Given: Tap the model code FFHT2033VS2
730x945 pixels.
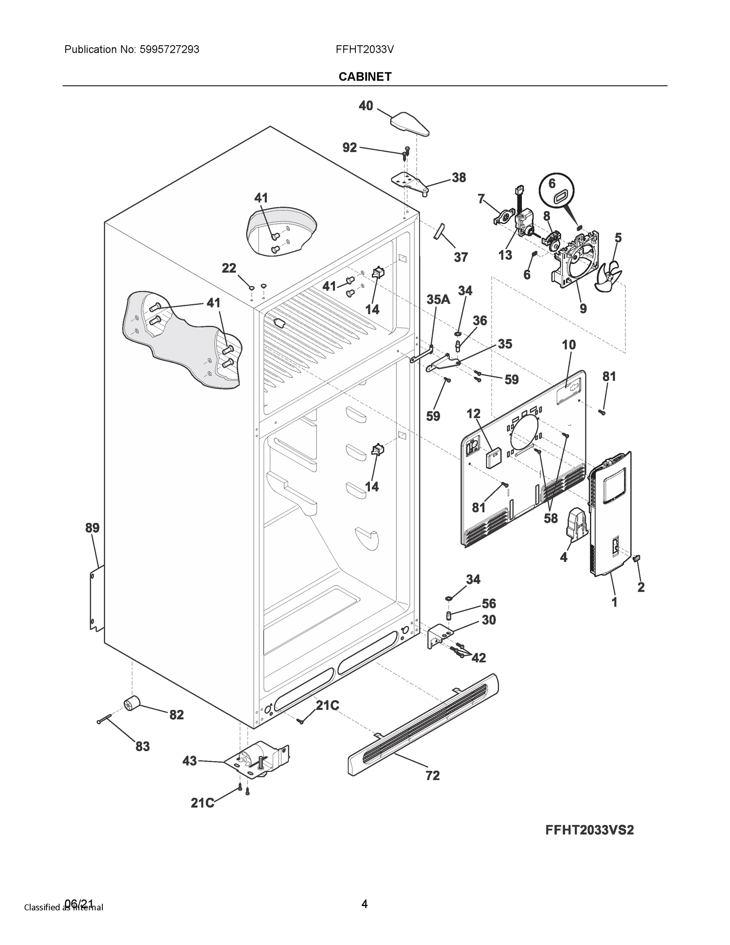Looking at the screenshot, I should [x=590, y=830].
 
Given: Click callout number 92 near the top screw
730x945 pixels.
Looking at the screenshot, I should [x=349, y=148].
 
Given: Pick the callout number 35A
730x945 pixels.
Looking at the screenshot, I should [x=438, y=299].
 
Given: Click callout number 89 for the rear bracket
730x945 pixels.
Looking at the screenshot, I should [x=92, y=528].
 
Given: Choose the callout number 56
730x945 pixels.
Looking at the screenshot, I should [x=489, y=604].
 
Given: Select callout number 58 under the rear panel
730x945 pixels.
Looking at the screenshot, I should [x=551, y=518].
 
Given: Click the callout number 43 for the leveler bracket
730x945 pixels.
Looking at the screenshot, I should [x=189, y=761].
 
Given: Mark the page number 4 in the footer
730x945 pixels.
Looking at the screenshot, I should [x=364, y=904].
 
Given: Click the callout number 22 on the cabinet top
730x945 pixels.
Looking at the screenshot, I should [x=229, y=268].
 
